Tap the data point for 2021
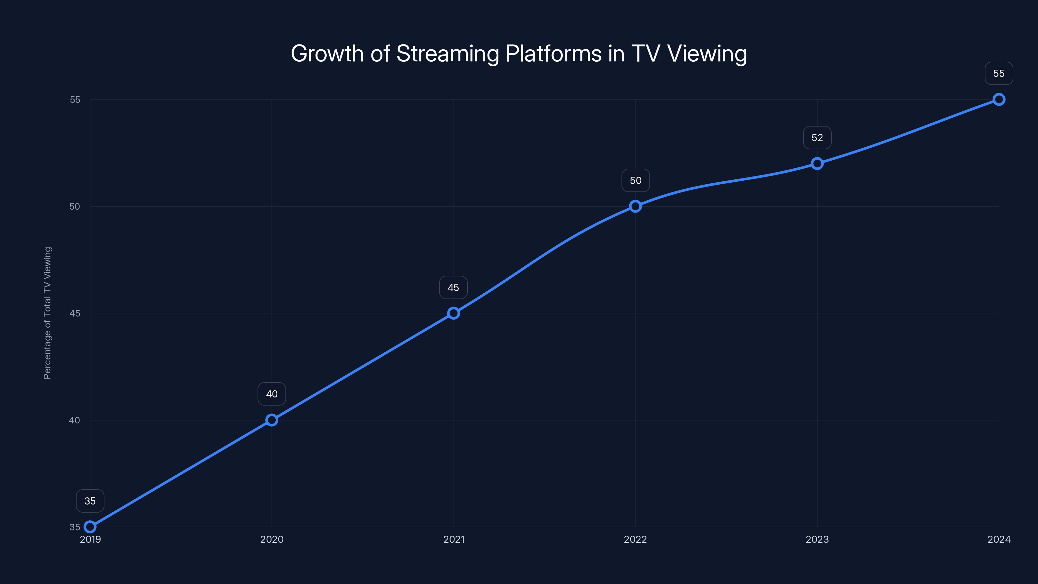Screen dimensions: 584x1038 click(x=453, y=313)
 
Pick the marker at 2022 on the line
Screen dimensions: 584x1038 click(x=635, y=206)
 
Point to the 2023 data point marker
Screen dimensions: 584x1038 click(x=817, y=163)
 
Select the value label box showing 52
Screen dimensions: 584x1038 click(x=817, y=138)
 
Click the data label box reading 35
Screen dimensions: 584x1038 click(x=90, y=501)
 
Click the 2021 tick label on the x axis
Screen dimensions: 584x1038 click(x=454, y=539)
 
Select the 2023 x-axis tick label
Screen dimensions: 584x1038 click(x=817, y=539)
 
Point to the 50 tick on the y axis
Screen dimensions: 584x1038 click(x=75, y=206)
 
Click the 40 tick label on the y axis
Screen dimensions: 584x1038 click(x=75, y=420)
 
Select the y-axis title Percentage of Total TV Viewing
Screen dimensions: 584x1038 click(x=48, y=313)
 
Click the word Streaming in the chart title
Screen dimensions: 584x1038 click(x=447, y=54)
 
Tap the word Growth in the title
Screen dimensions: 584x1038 click(x=327, y=54)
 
